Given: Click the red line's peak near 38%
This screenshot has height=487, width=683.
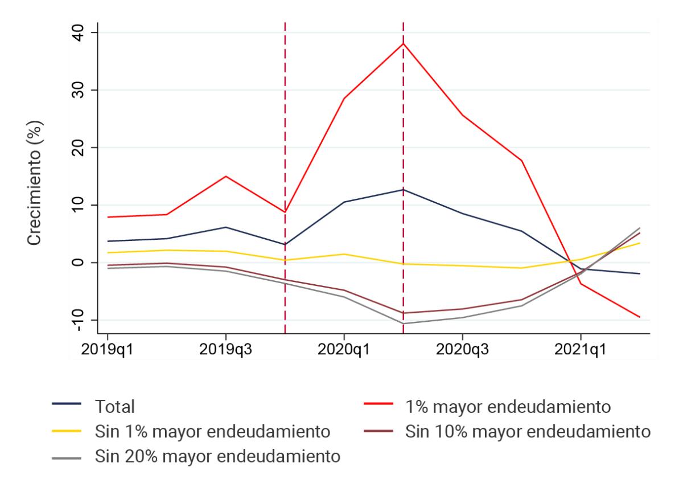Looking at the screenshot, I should pyautogui.click(x=403, y=44).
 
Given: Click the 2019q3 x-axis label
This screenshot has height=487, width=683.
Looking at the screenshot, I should pyautogui.click(x=225, y=348).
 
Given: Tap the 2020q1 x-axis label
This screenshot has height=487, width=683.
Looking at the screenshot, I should pyautogui.click(x=344, y=348).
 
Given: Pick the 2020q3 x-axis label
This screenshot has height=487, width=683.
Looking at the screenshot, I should pyautogui.click(x=462, y=348).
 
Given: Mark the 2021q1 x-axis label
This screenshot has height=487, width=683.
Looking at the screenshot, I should pyautogui.click(x=580, y=348).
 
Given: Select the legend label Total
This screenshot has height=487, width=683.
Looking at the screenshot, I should pyautogui.click(x=116, y=407).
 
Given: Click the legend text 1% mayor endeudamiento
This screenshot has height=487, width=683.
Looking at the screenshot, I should pyautogui.click(x=508, y=407).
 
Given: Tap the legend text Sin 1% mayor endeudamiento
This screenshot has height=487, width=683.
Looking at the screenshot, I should pyautogui.click(x=211, y=431).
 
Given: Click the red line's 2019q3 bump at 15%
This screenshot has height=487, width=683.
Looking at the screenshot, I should pyautogui.click(x=226, y=177).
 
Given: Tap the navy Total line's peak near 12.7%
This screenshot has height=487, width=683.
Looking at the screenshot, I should pyautogui.click(x=403, y=190).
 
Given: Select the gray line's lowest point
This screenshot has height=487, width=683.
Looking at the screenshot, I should pyautogui.click(x=403, y=324).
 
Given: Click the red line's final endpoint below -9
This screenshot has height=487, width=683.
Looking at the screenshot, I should pyautogui.click(x=640, y=317).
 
